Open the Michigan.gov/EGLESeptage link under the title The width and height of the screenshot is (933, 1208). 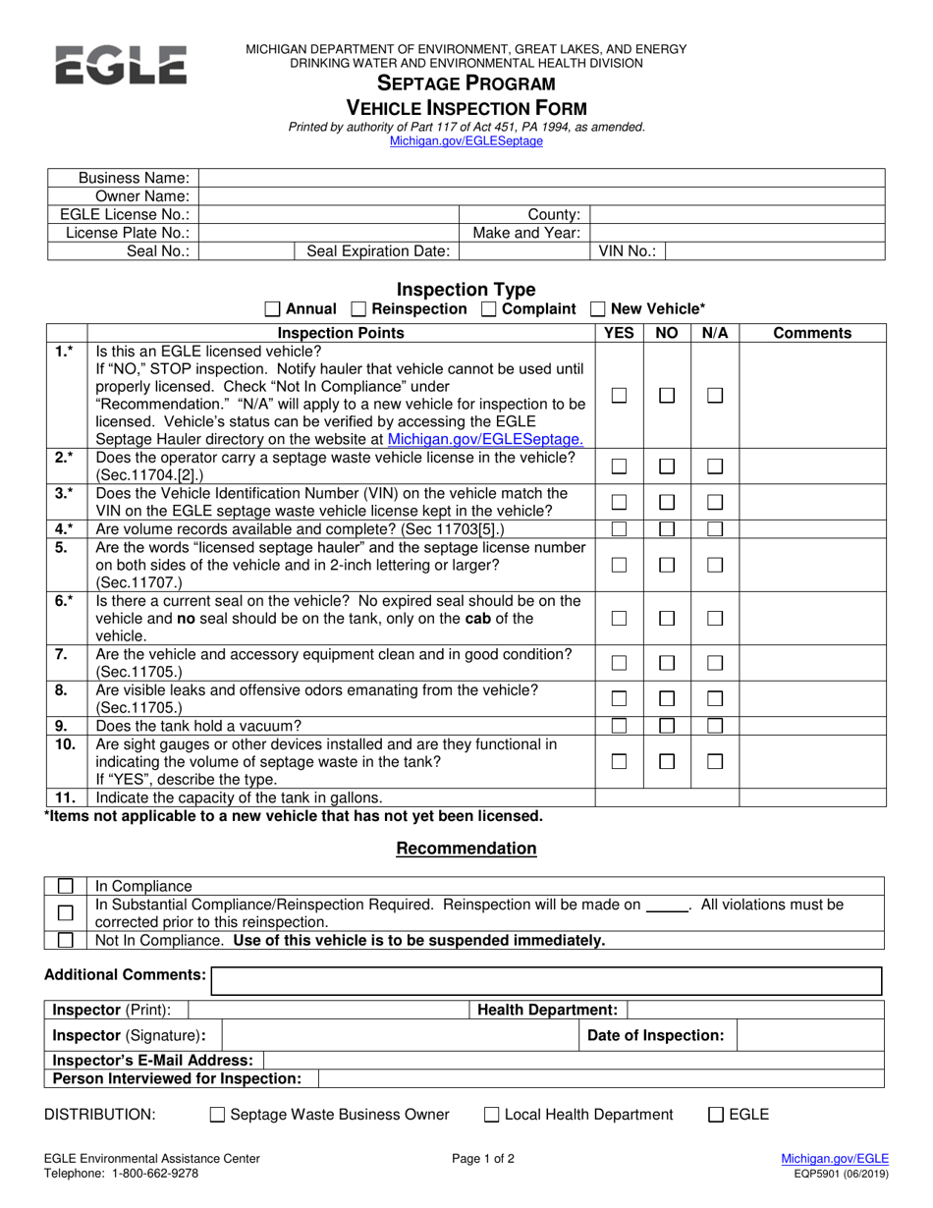[x=466, y=140]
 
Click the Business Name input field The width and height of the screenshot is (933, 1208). [x=541, y=178]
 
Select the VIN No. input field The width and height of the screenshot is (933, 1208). [x=775, y=251]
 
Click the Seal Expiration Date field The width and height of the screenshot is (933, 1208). [x=523, y=251]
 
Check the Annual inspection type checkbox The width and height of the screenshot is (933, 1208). [x=273, y=309]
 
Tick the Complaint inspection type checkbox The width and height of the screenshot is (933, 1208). [x=489, y=309]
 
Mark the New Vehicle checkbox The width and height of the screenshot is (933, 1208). [x=598, y=309]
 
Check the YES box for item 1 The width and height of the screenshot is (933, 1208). [x=619, y=395]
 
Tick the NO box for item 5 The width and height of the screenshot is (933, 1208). [x=667, y=566]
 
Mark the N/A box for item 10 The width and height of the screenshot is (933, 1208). [x=715, y=762]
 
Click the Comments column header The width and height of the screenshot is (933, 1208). [x=812, y=333]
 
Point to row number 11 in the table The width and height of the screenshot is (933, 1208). [x=65, y=797]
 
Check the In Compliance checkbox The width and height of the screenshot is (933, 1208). [x=66, y=886]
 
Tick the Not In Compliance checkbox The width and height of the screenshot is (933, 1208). [x=66, y=941]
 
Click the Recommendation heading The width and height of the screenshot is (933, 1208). [x=466, y=849]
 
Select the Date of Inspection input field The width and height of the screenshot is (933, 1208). [x=810, y=1035]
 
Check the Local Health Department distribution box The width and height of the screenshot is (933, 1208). [x=492, y=1115]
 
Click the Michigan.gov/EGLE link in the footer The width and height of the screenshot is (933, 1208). [x=835, y=1159]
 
